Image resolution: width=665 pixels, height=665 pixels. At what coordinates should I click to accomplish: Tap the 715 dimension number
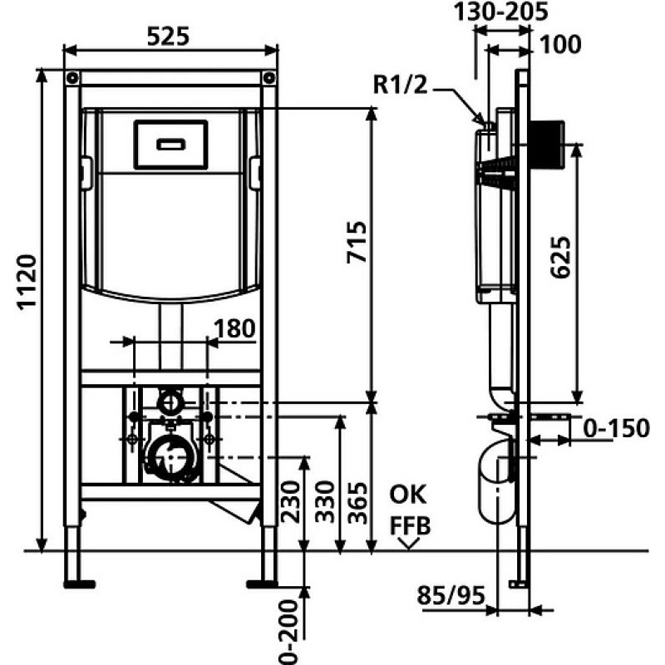[357, 242]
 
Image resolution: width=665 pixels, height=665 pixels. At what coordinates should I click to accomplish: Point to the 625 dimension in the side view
[560, 257]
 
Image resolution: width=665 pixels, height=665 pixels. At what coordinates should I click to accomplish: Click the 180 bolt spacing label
[234, 328]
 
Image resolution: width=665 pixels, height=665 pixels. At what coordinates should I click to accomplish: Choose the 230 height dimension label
[291, 502]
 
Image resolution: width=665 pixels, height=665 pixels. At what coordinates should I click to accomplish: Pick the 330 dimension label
[326, 502]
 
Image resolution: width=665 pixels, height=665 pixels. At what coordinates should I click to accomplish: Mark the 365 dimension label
[357, 504]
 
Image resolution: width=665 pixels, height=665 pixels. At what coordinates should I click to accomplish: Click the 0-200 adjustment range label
[288, 631]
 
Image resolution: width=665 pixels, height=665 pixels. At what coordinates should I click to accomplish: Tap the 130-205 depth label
[501, 12]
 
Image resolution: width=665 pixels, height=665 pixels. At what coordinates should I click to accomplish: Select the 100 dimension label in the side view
[560, 45]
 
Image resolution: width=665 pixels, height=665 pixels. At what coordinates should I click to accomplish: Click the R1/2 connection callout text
[401, 84]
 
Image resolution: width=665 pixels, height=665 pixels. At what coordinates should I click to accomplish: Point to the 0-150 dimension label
[616, 428]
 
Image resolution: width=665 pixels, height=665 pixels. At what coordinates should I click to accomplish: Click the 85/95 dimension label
[451, 595]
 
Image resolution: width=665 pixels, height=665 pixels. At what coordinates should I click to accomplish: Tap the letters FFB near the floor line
[410, 526]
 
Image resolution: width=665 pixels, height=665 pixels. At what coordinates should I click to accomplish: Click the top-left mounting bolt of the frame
[72, 78]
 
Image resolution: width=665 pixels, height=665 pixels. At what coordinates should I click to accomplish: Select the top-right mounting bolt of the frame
[268, 78]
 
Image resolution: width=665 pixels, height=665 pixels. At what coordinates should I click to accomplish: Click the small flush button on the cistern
[171, 145]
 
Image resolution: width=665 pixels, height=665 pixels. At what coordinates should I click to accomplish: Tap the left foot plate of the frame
[79, 584]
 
